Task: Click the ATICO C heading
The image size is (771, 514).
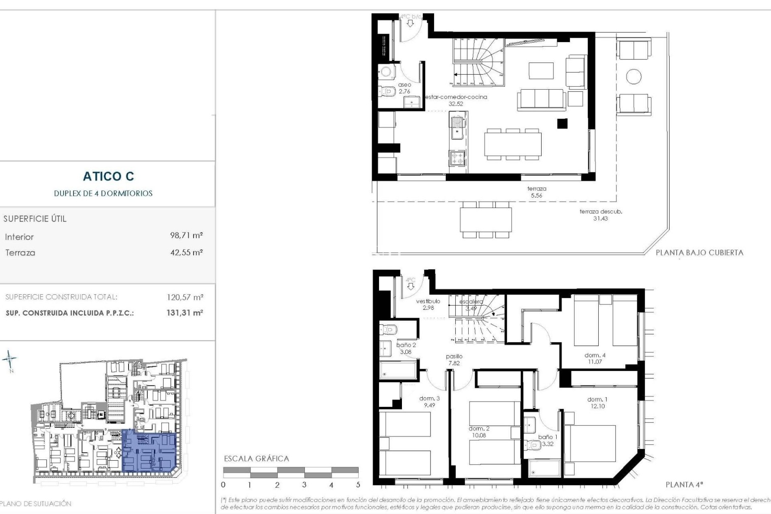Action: pyautogui.click(x=108, y=176)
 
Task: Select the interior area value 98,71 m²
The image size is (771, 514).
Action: pyautogui.click(x=186, y=235)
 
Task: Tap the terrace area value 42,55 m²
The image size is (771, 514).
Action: pyautogui.click(x=186, y=253)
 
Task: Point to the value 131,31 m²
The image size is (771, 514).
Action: pyautogui.click(x=185, y=313)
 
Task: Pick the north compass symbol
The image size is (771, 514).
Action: pyautogui.click(x=10, y=359)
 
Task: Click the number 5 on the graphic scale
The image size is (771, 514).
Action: pyautogui.click(x=358, y=485)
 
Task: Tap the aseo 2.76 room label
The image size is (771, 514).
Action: pyautogui.click(x=405, y=88)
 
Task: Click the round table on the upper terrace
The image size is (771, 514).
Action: pyautogui.click(x=634, y=76)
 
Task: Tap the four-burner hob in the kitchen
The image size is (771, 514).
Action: pyautogui.click(x=457, y=158)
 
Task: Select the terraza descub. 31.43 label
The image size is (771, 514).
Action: pyautogui.click(x=600, y=215)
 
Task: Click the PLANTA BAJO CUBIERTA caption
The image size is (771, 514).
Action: pyautogui.click(x=699, y=253)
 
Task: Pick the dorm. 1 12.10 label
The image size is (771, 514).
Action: pyautogui.click(x=597, y=403)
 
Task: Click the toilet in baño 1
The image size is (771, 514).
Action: pyautogui.click(x=535, y=445)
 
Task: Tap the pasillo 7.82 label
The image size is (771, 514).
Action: pyautogui.click(x=454, y=359)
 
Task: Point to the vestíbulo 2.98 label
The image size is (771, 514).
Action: pyautogui.click(x=428, y=304)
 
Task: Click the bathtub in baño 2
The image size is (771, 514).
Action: pyautogui.click(x=398, y=370)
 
